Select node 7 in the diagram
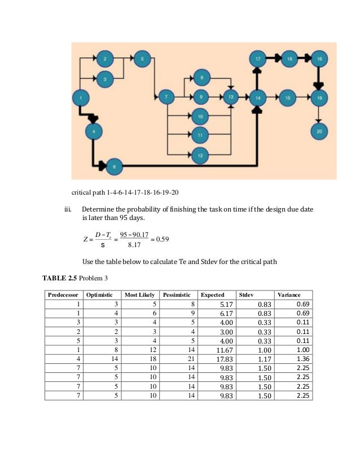click(165, 96)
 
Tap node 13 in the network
click(230, 97)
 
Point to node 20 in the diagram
click(319, 132)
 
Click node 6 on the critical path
click(115, 166)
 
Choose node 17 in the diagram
click(257, 58)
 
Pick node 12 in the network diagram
click(199, 154)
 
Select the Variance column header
click(288, 295)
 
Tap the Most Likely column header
click(139, 295)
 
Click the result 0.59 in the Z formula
click(162, 239)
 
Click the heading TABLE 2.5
click(60, 278)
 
